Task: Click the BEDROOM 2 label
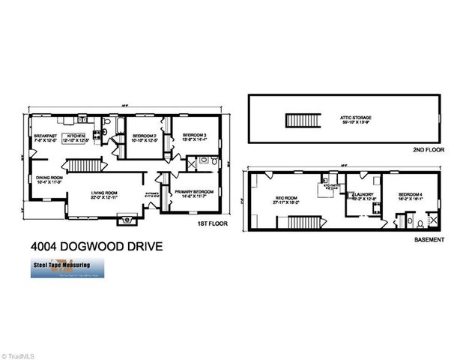coord(143,136)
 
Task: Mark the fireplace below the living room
coord(126,220)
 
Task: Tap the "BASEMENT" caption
coord(429,240)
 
